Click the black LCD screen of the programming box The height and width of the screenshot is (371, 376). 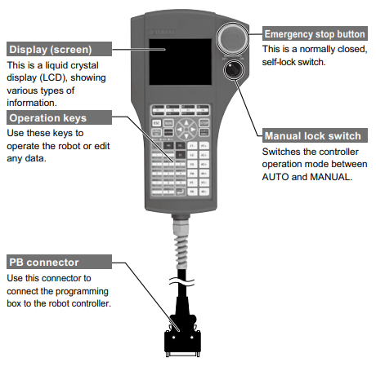click(x=180, y=65)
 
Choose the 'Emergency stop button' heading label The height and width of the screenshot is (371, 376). click(x=316, y=34)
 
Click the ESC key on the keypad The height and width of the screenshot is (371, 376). click(x=156, y=126)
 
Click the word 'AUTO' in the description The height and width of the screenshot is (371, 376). click(x=279, y=177)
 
